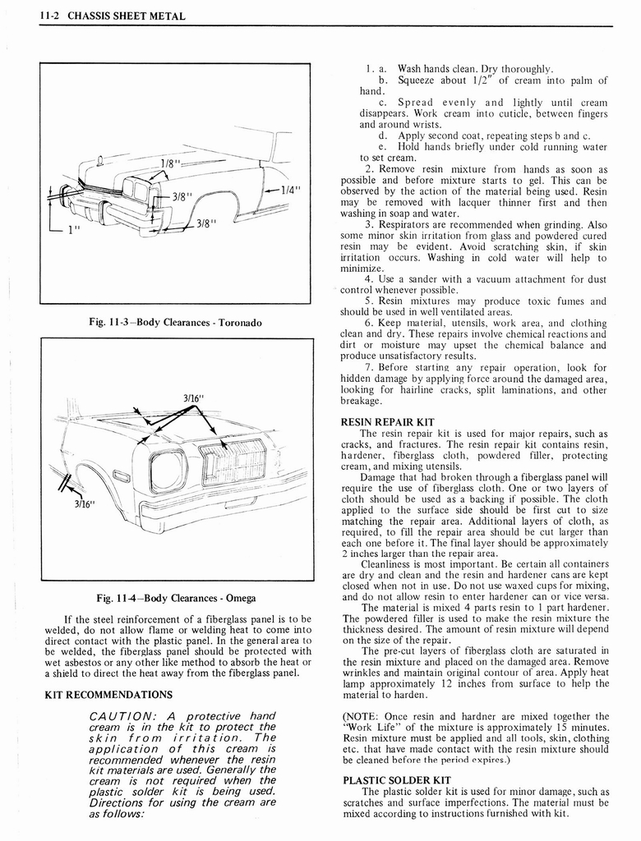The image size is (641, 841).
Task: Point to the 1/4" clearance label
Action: (x=290, y=189)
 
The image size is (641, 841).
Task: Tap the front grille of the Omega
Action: (x=233, y=462)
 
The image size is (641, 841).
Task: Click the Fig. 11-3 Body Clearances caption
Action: (x=175, y=323)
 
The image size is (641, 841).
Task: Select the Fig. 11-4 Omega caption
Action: (x=175, y=597)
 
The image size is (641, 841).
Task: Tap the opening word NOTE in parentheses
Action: (x=365, y=716)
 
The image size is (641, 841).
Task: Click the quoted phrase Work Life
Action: (x=371, y=727)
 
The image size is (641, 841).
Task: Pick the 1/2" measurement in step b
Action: (x=477, y=80)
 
